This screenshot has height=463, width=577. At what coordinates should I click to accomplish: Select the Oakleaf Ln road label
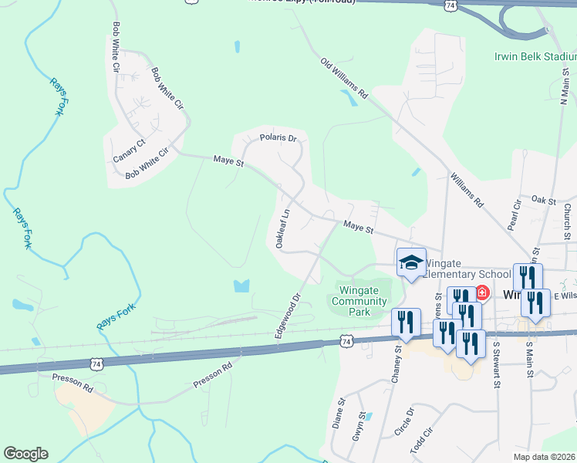283,228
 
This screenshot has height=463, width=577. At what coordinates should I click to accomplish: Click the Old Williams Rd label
345,79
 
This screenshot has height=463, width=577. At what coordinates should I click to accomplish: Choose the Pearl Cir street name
515,217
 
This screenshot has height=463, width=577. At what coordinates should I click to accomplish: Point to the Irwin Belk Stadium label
535,56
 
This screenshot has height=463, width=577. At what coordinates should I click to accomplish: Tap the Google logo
25,454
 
